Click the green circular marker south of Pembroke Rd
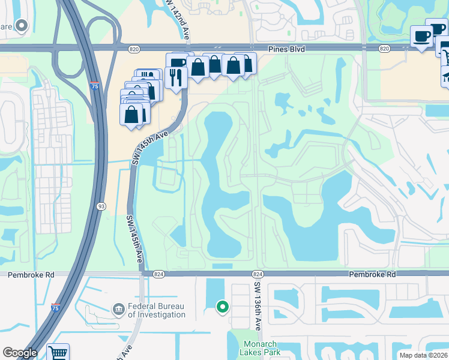pos(223,307)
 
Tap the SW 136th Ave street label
pos(258,304)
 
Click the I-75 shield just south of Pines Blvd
pos(94,86)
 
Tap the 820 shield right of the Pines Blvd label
pos(384,47)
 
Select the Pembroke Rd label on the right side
pos(373,274)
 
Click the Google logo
pos(20,353)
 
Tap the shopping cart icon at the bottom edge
pos(58,353)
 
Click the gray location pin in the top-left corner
pos(22,26)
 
